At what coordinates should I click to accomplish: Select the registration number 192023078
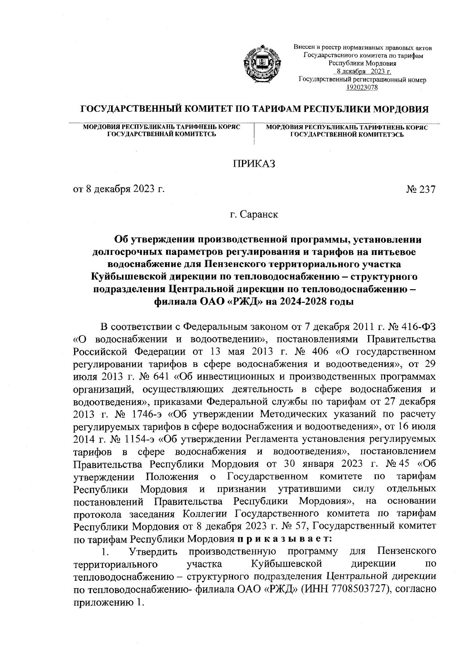(362, 87)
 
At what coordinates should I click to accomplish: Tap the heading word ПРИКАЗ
(254, 164)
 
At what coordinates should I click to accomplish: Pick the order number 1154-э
(140, 439)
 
